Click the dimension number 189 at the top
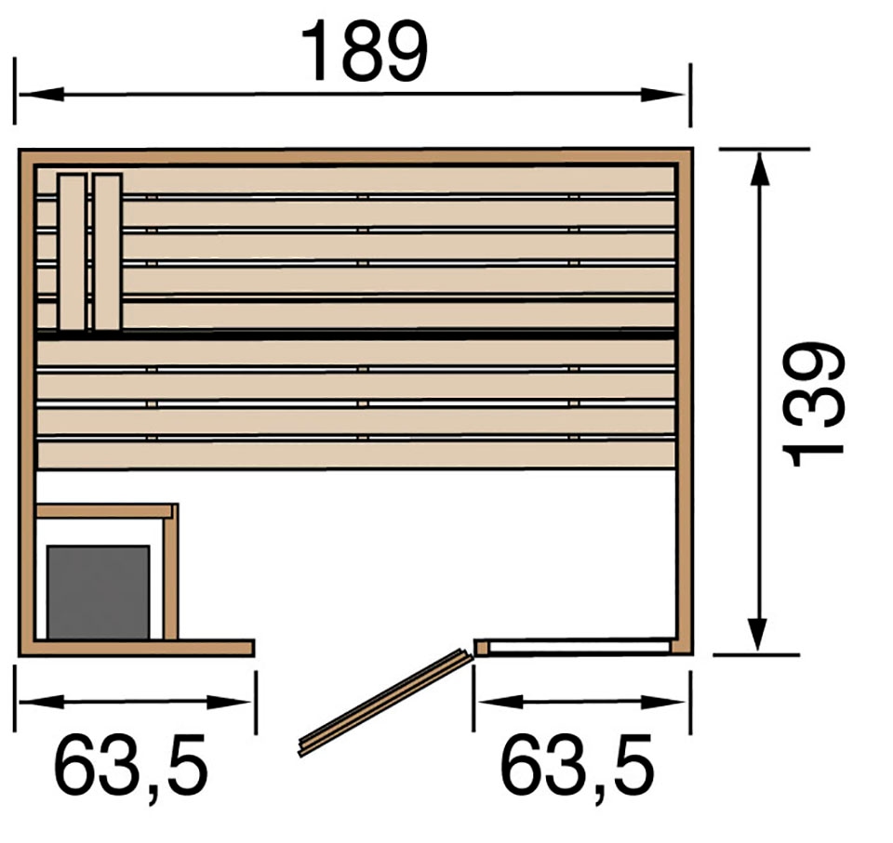point(364,52)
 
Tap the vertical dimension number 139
point(813,404)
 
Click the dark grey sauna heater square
point(99,592)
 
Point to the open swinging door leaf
point(385,703)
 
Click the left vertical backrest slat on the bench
point(72,252)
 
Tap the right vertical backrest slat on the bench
point(108,252)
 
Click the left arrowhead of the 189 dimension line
point(41,95)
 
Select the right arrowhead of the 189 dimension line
point(663,95)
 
